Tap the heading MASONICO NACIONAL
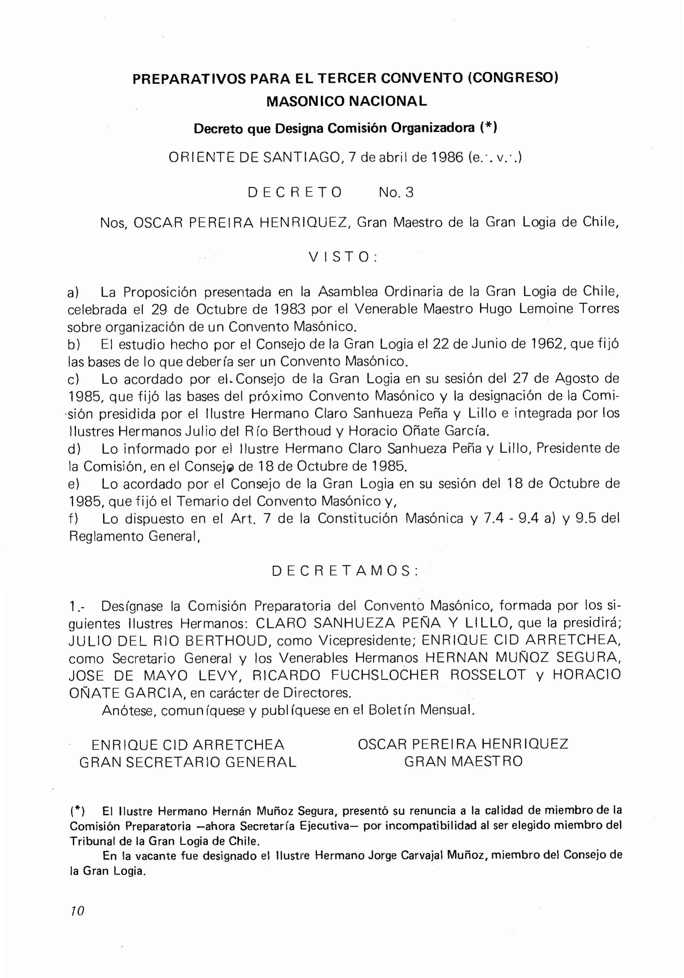pyautogui.click(x=347, y=101)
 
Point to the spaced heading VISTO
pyautogui.click(x=343, y=257)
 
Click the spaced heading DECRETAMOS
pyautogui.click(x=345, y=571)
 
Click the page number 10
pyautogui.click(x=78, y=911)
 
